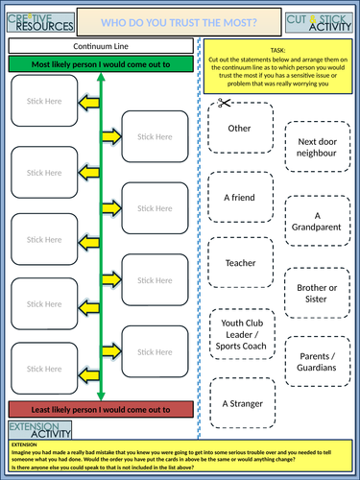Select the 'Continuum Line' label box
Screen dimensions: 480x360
[100, 46]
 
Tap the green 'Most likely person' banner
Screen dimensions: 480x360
[100, 64]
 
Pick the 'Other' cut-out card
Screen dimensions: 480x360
[238, 128]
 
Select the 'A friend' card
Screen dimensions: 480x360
[238, 198]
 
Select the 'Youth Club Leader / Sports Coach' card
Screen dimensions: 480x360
[238, 335]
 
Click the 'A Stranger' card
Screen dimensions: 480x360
[238, 404]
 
